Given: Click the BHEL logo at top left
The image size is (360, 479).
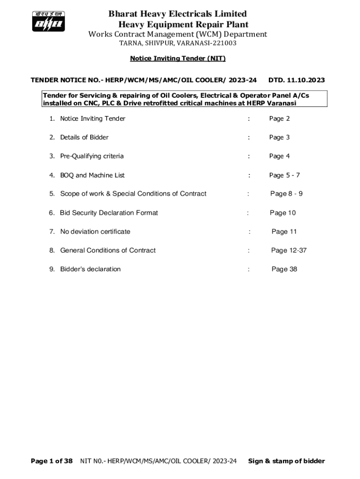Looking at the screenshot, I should [48, 22].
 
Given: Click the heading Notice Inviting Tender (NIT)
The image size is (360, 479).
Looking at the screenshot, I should [178, 58].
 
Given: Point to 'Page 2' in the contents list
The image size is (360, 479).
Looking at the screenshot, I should [279, 119].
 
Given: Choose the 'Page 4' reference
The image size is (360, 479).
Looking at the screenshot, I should [279, 156].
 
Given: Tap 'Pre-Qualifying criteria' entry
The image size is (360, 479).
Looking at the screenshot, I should [92, 156].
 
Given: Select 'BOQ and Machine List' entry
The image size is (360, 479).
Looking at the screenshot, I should [92, 175].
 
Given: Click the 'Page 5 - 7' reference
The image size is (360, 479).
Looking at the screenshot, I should [284, 175].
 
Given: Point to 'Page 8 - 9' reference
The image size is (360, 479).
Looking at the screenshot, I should [286, 194].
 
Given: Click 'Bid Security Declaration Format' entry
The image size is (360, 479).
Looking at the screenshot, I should [108, 213].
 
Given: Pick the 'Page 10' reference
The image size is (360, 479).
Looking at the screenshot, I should [282, 213].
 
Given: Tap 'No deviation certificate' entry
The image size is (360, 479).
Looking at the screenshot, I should [95, 232].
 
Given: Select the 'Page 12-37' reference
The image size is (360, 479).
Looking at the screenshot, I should [288, 250].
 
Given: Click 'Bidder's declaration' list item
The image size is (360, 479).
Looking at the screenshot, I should [90, 269].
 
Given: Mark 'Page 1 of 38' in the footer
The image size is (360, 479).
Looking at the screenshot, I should [51, 461].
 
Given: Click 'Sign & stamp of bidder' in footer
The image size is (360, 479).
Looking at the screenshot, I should [286, 461].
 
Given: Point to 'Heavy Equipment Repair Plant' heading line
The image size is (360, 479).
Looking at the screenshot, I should [183, 24].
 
